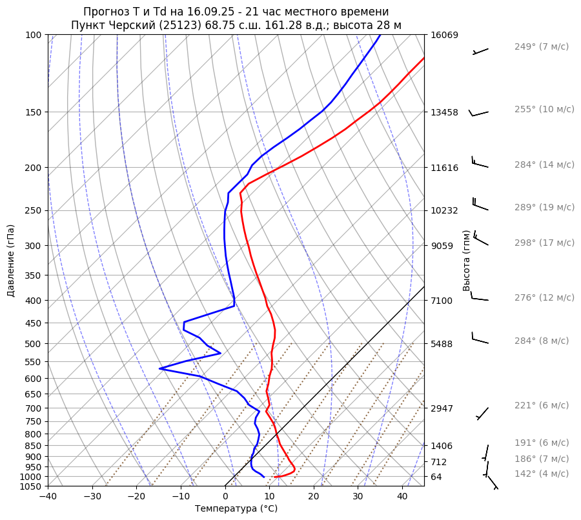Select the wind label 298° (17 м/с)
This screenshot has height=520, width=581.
[x=544, y=243]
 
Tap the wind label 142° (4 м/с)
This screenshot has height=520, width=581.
[x=542, y=474]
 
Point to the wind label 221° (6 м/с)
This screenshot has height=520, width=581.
[x=542, y=405]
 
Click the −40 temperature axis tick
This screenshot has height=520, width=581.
[x=48, y=497]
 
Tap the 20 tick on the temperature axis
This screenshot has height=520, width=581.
[x=314, y=497]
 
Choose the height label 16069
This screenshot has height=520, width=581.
[x=444, y=35]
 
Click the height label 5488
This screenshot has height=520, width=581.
[x=442, y=344]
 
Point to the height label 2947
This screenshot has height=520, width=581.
[x=442, y=408]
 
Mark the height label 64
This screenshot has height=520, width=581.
[x=437, y=477]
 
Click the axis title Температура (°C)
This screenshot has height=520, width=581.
[x=236, y=509]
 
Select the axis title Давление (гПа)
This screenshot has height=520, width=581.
[x=11, y=261]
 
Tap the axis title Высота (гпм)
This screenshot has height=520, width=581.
[x=467, y=261]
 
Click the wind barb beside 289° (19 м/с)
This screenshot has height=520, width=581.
[x=480, y=205]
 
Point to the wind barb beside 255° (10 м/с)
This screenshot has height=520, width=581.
[x=478, y=114]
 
